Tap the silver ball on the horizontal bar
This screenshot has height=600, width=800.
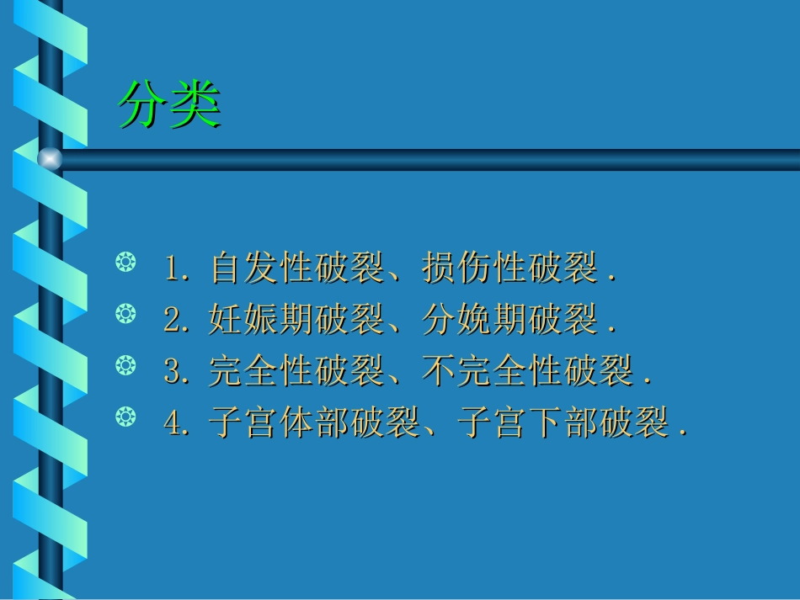click(x=51, y=158)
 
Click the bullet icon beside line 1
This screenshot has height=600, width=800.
click(x=125, y=264)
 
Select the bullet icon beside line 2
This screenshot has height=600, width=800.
click(x=125, y=315)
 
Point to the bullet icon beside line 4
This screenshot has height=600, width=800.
click(x=125, y=416)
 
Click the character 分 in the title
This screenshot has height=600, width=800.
click(x=143, y=105)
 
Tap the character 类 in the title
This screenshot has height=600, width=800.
click(x=195, y=105)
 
